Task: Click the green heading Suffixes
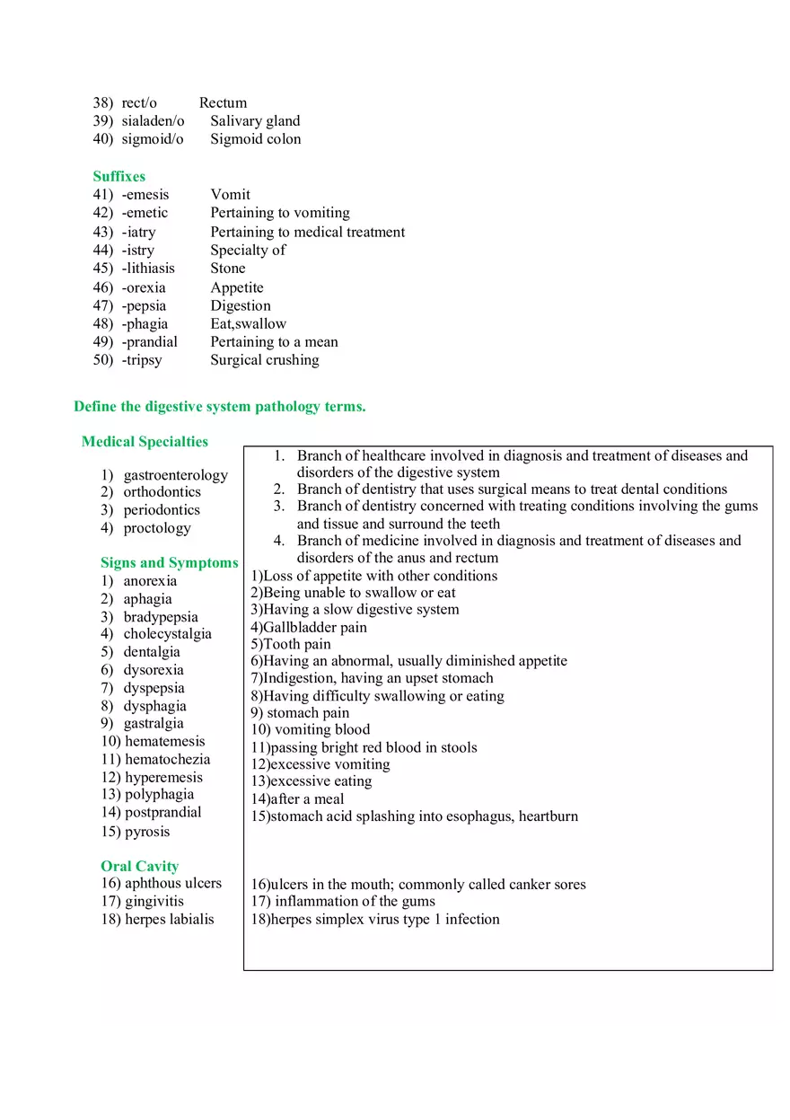(x=118, y=176)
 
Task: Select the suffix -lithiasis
(x=148, y=268)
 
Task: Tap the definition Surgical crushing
(x=264, y=359)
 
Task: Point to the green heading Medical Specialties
(x=145, y=441)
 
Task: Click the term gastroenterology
(x=175, y=474)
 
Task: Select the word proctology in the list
(x=157, y=527)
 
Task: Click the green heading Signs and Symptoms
(x=169, y=562)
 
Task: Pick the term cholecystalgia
(x=167, y=633)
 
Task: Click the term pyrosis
(x=147, y=831)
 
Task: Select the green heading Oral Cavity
(x=139, y=866)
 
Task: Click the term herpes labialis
(x=169, y=919)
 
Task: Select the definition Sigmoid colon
(x=255, y=138)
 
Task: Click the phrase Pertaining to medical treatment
(x=307, y=232)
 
